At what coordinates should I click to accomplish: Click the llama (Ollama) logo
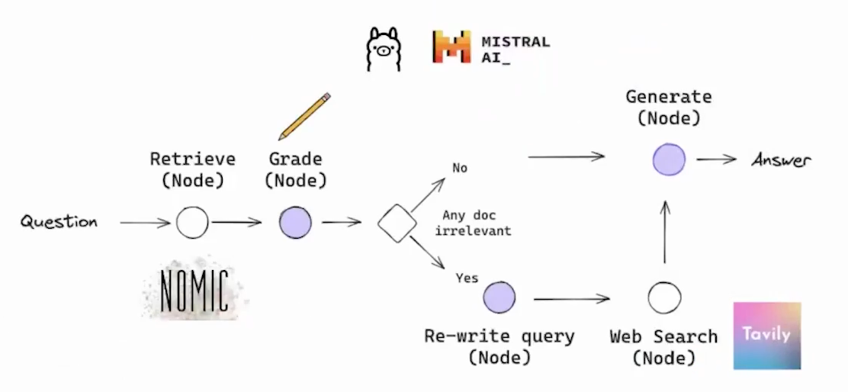pyautogui.click(x=383, y=50)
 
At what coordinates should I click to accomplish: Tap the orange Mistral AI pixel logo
pyautogui.click(x=451, y=47)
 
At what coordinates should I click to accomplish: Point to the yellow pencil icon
pyautogui.click(x=304, y=116)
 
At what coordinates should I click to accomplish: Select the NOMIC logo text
pyautogui.click(x=194, y=291)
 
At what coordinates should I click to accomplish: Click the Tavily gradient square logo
pyautogui.click(x=766, y=336)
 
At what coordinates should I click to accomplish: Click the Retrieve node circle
pyautogui.click(x=192, y=223)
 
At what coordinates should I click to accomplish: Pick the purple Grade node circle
pyautogui.click(x=295, y=223)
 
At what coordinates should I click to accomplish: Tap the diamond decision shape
pyautogui.click(x=397, y=223)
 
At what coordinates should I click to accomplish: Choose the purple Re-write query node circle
pyautogui.click(x=499, y=297)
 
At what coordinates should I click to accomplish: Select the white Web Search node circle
pyautogui.click(x=664, y=297)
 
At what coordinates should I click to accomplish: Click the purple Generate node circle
pyautogui.click(x=669, y=160)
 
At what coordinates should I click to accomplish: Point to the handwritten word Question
pyautogui.click(x=59, y=222)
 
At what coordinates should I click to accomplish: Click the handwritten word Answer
pyautogui.click(x=781, y=160)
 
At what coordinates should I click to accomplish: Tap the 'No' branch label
pyautogui.click(x=460, y=168)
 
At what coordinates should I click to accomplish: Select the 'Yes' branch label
pyautogui.click(x=467, y=278)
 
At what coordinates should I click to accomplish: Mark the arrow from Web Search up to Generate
pyautogui.click(x=665, y=233)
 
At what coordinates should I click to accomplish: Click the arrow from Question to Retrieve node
pyautogui.click(x=145, y=223)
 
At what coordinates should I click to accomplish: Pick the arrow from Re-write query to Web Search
pyautogui.click(x=571, y=299)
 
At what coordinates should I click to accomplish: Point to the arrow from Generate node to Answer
pyautogui.click(x=716, y=159)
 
